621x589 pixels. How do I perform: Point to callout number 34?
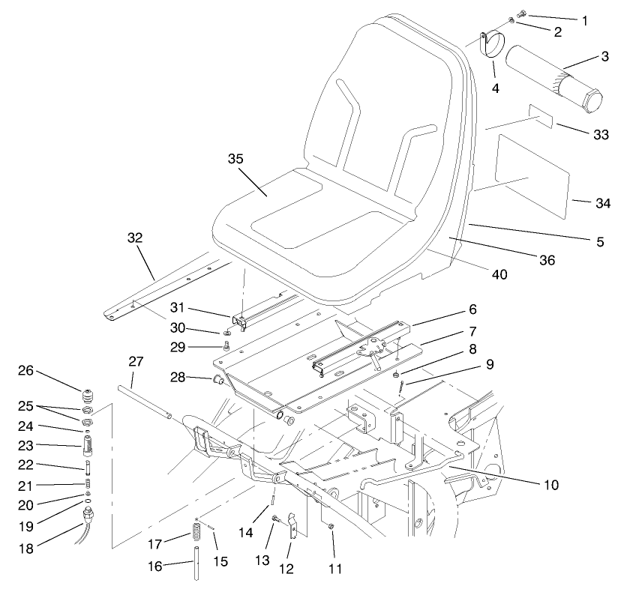pyautogui.click(x=602, y=203)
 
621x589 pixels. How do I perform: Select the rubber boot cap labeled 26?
pyautogui.click(x=90, y=393)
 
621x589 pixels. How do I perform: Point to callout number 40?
pyautogui.click(x=499, y=275)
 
